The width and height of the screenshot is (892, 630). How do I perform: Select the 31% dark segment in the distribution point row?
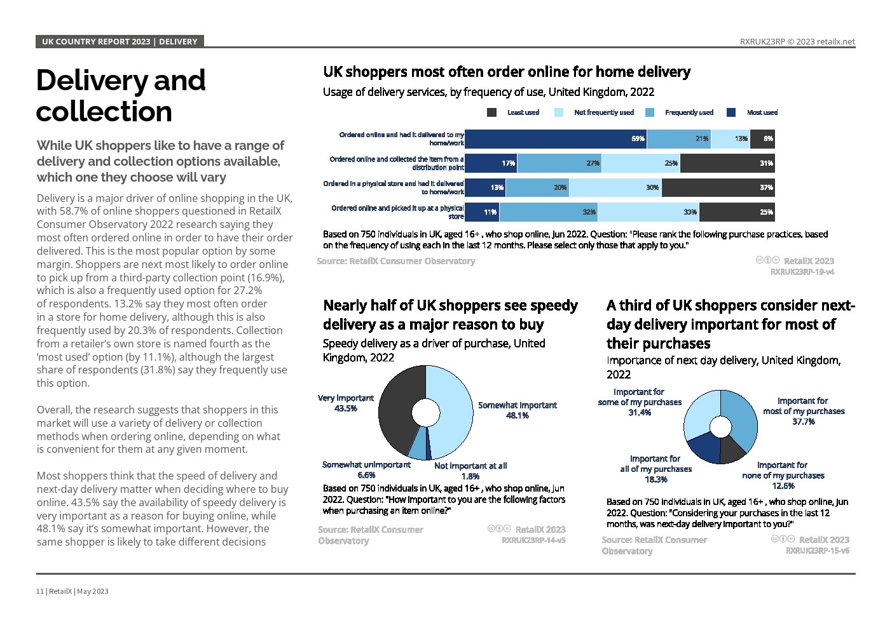click(x=727, y=163)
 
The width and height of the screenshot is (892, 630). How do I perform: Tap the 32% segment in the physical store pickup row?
click(x=549, y=212)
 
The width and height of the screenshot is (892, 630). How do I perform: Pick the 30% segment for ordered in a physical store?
click(x=615, y=187)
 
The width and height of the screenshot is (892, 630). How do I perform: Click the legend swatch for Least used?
click(x=491, y=112)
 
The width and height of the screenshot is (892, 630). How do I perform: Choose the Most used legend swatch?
click(x=731, y=112)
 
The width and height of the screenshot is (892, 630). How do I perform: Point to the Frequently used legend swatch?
click(x=650, y=112)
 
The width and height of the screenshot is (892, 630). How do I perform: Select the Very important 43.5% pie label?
click(x=346, y=403)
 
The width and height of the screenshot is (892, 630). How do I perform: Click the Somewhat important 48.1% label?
click(x=517, y=410)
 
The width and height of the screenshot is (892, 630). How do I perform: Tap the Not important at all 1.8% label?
click(x=470, y=471)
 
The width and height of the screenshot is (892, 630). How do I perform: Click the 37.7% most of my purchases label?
click(x=804, y=411)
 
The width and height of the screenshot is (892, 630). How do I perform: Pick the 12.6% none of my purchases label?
click(x=783, y=476)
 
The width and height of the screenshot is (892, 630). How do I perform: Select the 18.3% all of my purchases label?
click(x=655, y=469)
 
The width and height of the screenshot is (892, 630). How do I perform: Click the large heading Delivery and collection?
click(x=121, y=95)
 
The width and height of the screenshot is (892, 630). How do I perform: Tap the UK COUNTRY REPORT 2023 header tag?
click(x=120, y=42)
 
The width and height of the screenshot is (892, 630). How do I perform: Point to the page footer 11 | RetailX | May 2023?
click(x=72, y=591)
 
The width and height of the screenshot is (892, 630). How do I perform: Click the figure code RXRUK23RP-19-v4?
click(x=802, y=272)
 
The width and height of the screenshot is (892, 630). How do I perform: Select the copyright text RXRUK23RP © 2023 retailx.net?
click(x=797, y=42)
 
